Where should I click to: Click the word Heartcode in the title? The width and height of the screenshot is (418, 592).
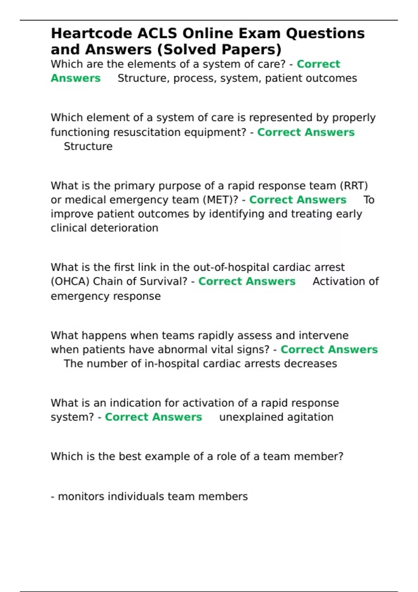click(91, 33)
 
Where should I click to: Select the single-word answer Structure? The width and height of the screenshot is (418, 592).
click(88, 146)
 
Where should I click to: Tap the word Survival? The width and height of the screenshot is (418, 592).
click(163, 281)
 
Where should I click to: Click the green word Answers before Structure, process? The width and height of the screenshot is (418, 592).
click(76, 78)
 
